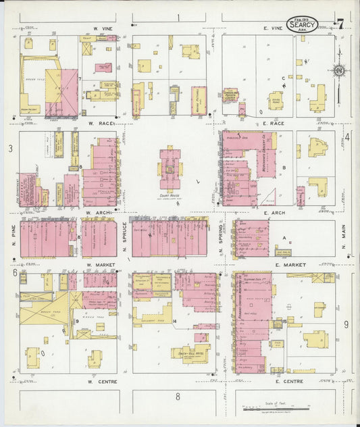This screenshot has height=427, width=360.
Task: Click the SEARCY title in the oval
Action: click(x=301, y=25)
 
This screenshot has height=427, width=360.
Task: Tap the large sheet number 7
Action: click(x=340, y=24)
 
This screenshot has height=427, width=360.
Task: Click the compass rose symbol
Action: click(x=340, y=70)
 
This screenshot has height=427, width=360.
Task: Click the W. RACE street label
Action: click(x=99, y=124)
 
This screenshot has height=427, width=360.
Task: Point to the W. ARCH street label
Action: click(x=99, y=211)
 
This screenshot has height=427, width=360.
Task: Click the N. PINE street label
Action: click(x=13, y=237)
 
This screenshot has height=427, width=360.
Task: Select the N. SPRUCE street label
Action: click(x=125, y=237)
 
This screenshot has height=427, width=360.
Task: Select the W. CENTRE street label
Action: click(x=99, y=381)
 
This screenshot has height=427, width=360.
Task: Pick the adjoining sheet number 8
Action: click(x=178, y=397)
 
